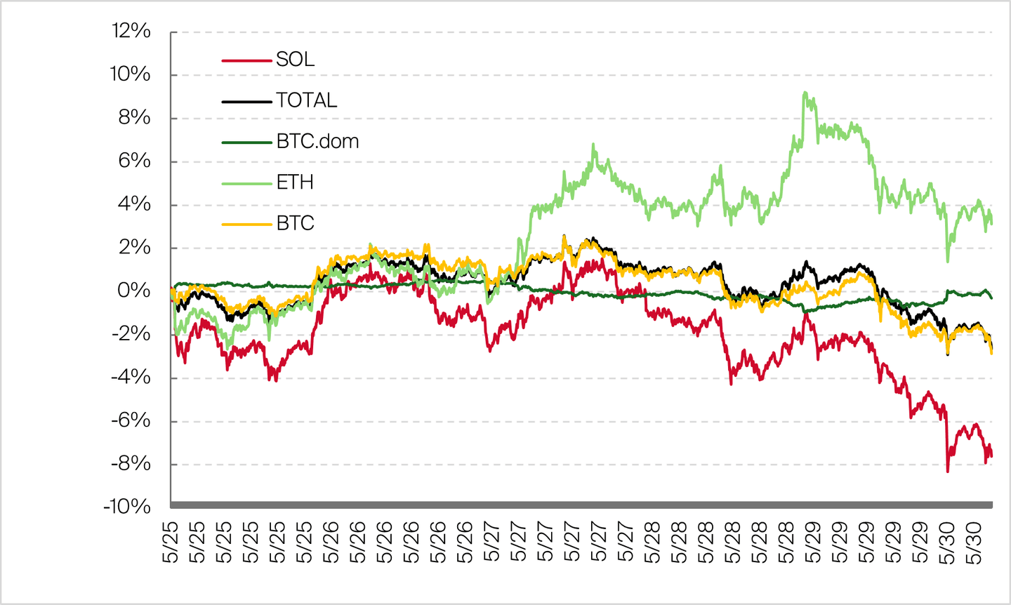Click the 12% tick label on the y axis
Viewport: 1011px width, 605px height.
[131, 31]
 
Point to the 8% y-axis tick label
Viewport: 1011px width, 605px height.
[135, 117]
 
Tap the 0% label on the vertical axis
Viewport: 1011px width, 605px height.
[134, 290]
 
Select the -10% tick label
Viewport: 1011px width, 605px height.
[127, 506]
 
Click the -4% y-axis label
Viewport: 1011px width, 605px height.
[131, 377]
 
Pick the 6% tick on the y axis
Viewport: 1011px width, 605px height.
[135, 161]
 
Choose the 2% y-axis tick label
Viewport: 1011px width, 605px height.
[135, 247]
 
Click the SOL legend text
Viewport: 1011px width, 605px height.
[295, 60]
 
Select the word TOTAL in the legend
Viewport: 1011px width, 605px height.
[306, 101]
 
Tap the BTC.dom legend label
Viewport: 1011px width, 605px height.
[317, 142]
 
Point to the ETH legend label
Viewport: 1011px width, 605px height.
[295, 182]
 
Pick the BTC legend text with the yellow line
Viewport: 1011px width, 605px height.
[295, 223]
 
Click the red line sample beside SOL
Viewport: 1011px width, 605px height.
[246, 60]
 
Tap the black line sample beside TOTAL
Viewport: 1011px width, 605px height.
[246, 102]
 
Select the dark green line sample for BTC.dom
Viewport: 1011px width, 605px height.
[246, 142]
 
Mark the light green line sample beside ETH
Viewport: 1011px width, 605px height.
[246, 183]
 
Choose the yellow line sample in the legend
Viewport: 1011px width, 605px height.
[246, 224]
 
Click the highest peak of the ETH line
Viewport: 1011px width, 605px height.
[805, 93]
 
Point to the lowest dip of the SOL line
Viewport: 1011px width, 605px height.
[947, 471]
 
